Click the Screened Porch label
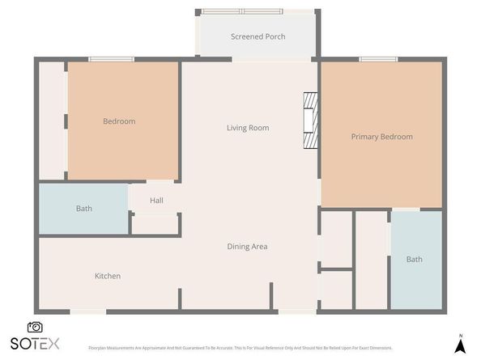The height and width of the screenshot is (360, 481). click(x=258, y=36)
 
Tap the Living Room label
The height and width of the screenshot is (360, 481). click(x=247, y=128)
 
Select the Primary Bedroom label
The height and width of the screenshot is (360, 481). click(x=381, y=137)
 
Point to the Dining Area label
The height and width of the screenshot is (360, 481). click(x=247, y=247)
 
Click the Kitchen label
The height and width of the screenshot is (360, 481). click(x=108, y=276)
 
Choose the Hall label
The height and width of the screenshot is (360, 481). click(x=156, y=201)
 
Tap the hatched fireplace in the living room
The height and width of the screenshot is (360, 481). click(x=310, y=121)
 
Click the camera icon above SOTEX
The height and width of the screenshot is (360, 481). click(x=35, y=327)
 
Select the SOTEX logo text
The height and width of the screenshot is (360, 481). click(x=35, y=343)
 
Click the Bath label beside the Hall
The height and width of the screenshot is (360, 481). click(x=83, y=209)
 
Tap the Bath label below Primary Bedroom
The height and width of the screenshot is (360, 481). click(x=414, y=260)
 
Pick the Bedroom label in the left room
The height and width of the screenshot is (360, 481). click(x=119, y=121)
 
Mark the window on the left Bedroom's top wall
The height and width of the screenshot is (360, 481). click(x=111, y=59)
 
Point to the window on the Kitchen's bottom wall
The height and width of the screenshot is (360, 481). click(x=87, y=311)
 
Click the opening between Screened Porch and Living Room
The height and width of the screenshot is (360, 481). click(x=257, y=59)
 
